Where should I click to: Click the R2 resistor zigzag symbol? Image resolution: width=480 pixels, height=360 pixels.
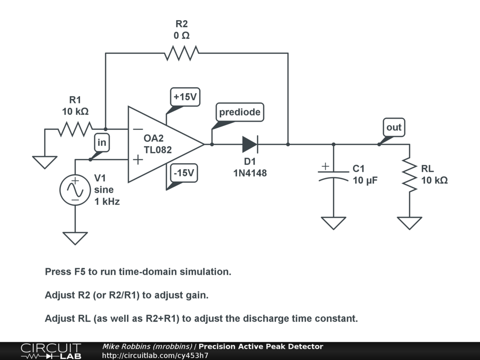click(x=181, y=53)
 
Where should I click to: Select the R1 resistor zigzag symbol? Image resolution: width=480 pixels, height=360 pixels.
click(x=75, y=129)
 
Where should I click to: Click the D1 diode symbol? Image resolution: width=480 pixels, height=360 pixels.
click(x=250, y=144)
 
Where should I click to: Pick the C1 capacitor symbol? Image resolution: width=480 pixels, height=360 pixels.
click(x=333, y=174)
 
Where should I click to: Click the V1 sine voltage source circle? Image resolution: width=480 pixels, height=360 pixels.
click(x=75, y=190)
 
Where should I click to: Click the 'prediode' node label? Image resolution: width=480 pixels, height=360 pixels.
click(x=240, y=112)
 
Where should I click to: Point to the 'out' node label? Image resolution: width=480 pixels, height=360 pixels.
click(x=394, y=127)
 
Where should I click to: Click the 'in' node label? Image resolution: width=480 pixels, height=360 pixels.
click(x=102, y=142)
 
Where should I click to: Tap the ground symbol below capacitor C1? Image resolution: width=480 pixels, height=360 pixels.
click(x=333, y=223)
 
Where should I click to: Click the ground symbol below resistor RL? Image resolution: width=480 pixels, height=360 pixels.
click(x=409, y=223)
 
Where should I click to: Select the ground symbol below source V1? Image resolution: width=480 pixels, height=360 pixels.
click(x=75, y=238)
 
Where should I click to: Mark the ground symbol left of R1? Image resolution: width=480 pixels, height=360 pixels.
click(x=45, y=162)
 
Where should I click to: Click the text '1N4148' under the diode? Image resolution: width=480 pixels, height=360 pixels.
click(x=250, y=173)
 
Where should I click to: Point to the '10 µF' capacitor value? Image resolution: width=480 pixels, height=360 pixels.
click(x=365, y=180)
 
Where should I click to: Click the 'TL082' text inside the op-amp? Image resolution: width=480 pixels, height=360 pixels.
click(x=157, y=150)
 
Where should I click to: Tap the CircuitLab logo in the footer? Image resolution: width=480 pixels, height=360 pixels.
click(x=51, y=351)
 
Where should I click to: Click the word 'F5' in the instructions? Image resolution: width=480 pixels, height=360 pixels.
click(x=80, y=272)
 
